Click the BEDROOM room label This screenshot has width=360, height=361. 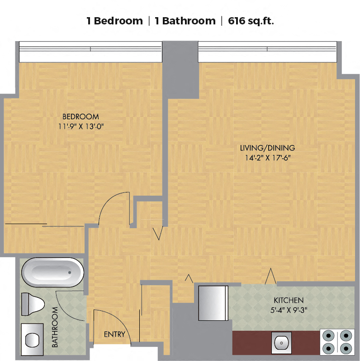click(81, 117)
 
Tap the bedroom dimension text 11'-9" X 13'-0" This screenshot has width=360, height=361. click(81, 127)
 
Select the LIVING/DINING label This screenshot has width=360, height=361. click(267, 148)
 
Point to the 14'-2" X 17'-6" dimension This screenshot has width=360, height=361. click(267, 158)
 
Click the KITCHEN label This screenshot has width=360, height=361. click(289, 300)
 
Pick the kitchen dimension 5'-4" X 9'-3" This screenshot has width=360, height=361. click(289, 310)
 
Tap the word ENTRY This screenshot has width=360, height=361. click(114, 334)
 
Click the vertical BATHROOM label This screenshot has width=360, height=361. click(55, 327)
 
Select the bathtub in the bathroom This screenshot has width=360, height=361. click(52, 272)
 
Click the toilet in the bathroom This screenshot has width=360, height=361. click(33, 304)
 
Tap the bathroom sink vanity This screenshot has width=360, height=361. click(32, 340)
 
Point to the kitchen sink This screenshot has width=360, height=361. click(281, 343)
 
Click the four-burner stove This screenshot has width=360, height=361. click(337, 342)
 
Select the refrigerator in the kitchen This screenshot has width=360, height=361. click(213, 303)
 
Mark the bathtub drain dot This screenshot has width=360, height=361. click(70, 272)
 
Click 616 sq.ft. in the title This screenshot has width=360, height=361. click(251, 21)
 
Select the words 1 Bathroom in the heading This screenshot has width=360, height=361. click(185, 21)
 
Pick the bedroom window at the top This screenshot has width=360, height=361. click(90, 52)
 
